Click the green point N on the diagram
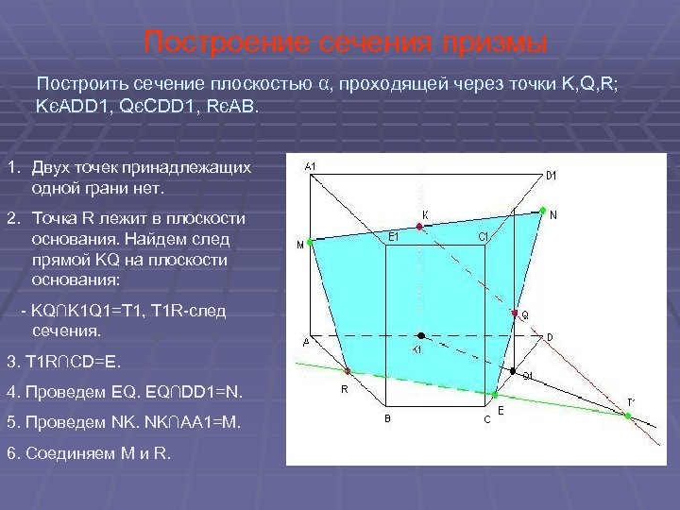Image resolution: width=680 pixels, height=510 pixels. pos(541,209)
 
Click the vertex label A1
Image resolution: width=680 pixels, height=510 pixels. pos(311,167)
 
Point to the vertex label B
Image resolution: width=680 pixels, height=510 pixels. pos(387,418)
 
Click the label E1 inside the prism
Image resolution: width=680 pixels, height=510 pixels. pos(395,236)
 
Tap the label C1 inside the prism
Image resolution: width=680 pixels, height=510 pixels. pos(483,236)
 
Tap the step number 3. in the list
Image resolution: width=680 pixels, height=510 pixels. pos(11,362)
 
